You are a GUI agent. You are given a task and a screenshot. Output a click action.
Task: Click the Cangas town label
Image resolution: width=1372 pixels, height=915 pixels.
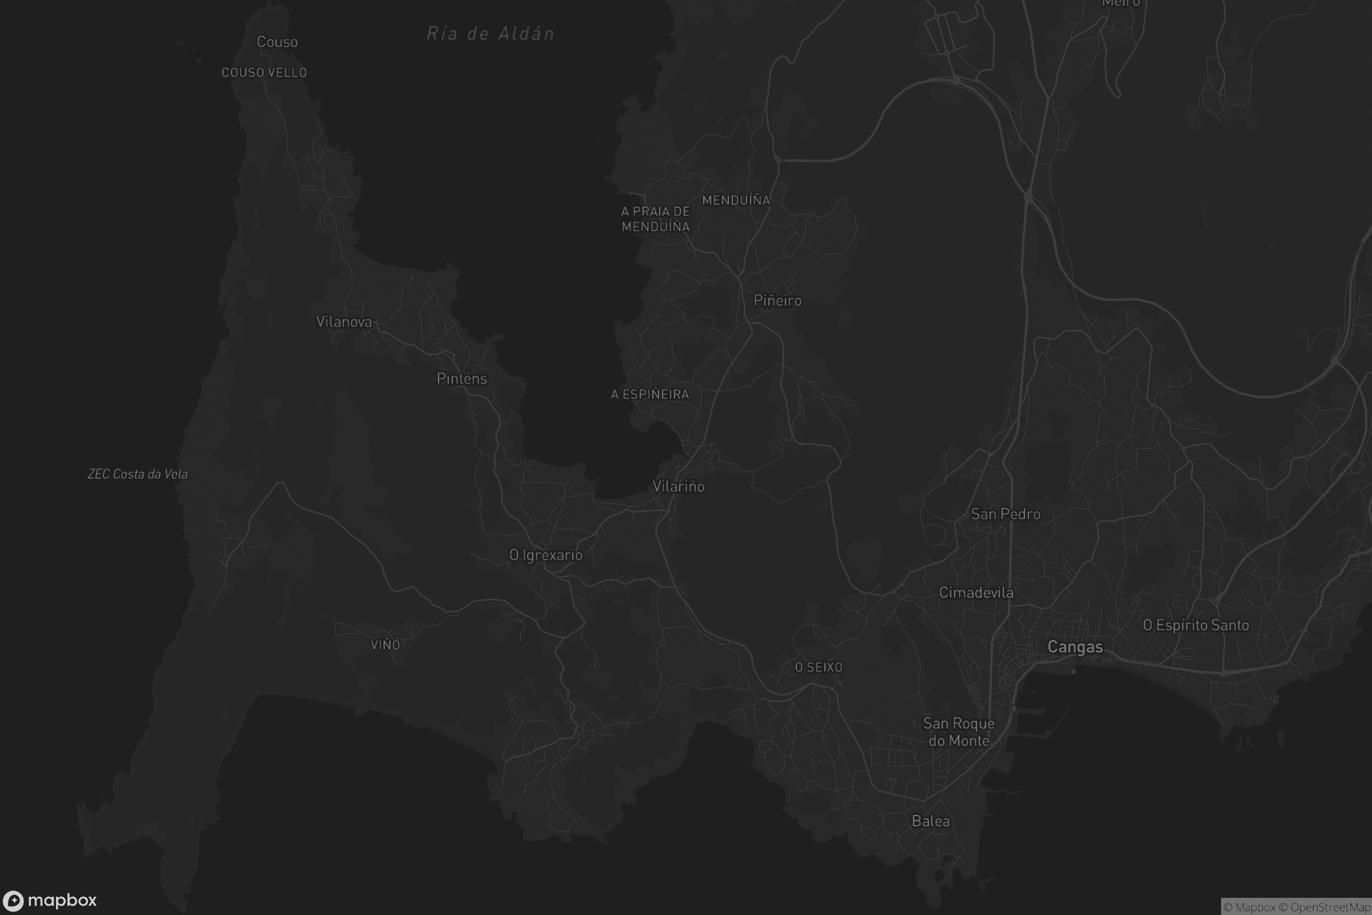tap(1075, 647)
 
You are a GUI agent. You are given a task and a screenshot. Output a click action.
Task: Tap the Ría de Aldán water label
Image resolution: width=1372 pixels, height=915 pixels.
tap(490, 33)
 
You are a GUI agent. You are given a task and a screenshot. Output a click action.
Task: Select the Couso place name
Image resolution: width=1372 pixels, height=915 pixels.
tap(277, 42)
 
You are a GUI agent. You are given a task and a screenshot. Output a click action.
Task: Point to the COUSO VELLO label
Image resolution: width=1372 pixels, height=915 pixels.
tap(264, 73)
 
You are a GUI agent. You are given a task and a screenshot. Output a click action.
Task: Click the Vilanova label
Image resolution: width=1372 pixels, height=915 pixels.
tap(344, 321)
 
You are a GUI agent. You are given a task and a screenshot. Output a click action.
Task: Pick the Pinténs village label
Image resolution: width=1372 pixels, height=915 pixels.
tap(461, 379)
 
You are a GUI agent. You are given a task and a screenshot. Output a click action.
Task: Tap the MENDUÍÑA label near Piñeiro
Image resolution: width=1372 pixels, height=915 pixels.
tap(736, 200)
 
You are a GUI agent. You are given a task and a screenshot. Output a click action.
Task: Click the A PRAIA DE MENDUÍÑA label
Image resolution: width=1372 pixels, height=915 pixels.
tap(656, 219)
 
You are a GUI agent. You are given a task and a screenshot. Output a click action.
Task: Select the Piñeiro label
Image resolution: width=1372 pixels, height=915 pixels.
tap(777, 301)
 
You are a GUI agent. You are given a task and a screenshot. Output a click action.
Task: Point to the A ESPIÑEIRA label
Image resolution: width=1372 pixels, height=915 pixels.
tap(650, 395)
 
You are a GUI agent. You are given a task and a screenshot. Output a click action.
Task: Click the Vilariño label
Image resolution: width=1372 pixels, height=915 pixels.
tap(679, 487)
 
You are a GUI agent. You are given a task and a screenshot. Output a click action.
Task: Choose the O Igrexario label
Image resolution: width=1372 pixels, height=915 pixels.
tap(546, 555)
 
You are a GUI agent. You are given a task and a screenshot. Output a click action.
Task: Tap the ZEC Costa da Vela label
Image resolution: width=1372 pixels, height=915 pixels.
tap(138, 474)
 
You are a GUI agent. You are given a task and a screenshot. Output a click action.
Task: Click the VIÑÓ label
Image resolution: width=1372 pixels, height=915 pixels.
tap(385, 645)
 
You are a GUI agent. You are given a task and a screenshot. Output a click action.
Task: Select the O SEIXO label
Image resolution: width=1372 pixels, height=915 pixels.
tap(819, 667)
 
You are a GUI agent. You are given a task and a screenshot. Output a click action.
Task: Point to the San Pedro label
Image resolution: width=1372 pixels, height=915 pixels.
tap(1006, 514)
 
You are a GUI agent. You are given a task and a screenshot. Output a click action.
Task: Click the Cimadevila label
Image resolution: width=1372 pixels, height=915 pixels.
tap(976, 593)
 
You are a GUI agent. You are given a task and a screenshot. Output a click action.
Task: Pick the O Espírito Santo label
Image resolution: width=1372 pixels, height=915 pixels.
tap(1196, 625)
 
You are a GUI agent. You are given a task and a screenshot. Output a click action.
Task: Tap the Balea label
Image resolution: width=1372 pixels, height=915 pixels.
tap(931, 821)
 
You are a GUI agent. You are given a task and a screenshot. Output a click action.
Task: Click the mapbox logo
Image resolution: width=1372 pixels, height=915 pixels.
tap(50, 900)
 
